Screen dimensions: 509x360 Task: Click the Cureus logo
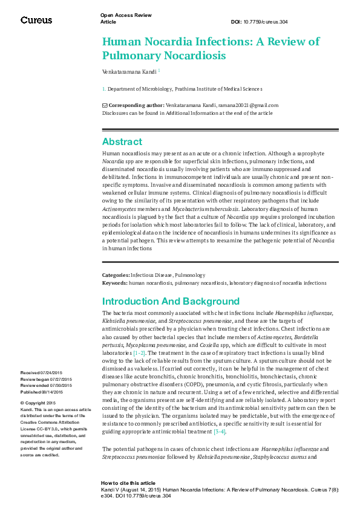pyautogui.click(x=36, y=20)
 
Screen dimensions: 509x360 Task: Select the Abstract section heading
pyautogui.click(x=122, y=141)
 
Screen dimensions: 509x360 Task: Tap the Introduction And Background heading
pyautogui.click(x=171, y=301)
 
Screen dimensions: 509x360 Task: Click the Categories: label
pyautogui.click(x=116, y=275)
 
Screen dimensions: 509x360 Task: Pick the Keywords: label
pyautogui.click(x=114, y=282)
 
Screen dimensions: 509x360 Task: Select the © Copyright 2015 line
pyautogui.click(x=38, y=403)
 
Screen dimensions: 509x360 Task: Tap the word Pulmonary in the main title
pyautogui.click(x=133, y=56)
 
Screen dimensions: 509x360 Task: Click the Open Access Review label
pyautogui.click(x=125, y=16)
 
